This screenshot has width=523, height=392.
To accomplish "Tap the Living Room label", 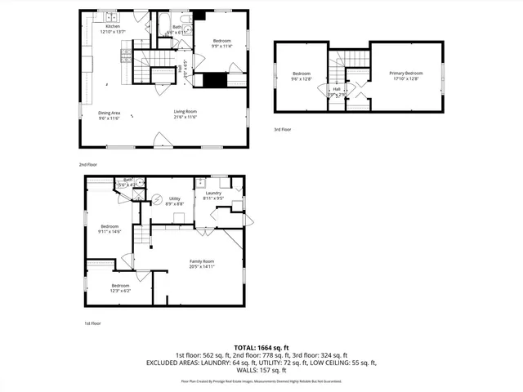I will click(185, 112).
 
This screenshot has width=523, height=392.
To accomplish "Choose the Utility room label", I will click(174, 198).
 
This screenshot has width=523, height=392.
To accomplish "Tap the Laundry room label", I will click(212, 193).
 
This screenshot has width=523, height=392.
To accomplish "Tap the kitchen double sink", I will click(110, 16).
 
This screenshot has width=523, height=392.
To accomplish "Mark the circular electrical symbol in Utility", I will click(159, 198).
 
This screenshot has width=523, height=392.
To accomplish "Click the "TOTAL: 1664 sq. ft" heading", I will click(261, 347).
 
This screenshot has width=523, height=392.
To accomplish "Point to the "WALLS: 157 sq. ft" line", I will click(261, 369).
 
